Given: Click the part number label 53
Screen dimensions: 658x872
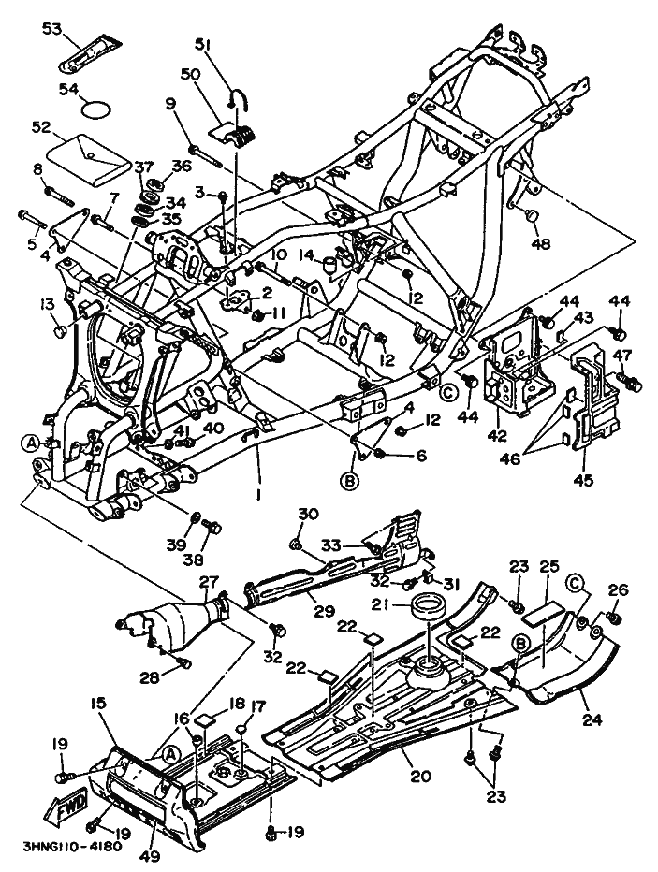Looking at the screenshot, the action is [x=51, y=28].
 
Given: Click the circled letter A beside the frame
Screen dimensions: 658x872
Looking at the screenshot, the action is [x=32, y=443].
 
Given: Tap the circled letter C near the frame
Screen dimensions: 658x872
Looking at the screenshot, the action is [x=449, y=391].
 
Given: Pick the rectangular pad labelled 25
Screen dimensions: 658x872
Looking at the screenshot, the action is [x=543, y=615].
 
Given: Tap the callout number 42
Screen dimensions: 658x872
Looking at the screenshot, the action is [x=497, y=435].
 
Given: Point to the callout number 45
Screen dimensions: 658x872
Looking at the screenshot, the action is [x=583, y=479].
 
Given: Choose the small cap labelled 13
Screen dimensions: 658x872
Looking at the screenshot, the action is [x=60, y=333].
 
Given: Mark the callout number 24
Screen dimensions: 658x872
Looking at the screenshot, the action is [x=592, y=719].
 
